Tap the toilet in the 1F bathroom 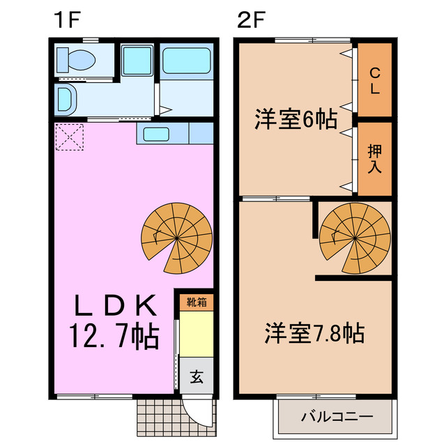(76, 61)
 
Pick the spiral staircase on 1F (177, 240)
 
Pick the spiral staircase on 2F (355, 237)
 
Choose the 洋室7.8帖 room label (314, 333)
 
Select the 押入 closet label (375, 158)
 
